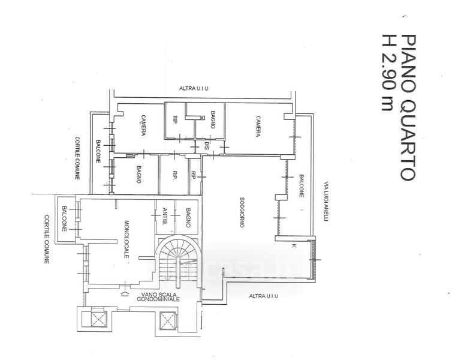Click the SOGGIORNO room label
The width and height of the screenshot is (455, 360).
coord(239,212)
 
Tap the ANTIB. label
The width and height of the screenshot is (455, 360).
coord(164,216)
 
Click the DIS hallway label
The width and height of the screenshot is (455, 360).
coord(206,146)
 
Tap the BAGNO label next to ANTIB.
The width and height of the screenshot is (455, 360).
coord(188,216)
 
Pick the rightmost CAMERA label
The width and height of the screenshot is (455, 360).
coord(258,125)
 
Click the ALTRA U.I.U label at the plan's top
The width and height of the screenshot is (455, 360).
coord(194,89)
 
